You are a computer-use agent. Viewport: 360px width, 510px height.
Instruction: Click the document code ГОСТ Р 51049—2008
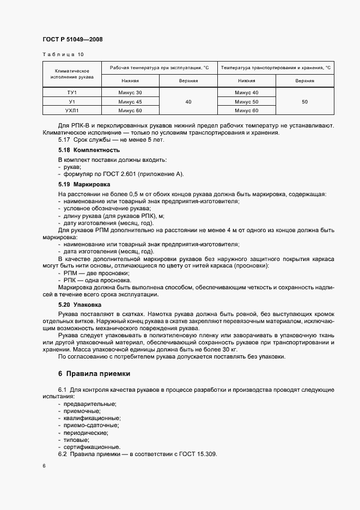click(72, 40)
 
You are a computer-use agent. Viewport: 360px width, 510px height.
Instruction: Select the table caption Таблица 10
click(63, 54)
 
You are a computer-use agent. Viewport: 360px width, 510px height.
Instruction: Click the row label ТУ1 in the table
click(72, 93)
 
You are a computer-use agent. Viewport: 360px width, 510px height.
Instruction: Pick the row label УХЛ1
click(72, 111)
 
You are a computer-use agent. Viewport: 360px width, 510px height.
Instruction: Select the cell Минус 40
click(246, 93)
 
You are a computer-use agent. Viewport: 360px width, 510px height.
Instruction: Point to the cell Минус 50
click(246, 102)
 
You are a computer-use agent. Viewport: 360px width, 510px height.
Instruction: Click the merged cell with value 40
click(188, 102)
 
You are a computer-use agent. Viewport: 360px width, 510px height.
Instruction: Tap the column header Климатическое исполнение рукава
click(72, 74)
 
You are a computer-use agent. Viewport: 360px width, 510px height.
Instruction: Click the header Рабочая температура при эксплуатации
click(159, 68)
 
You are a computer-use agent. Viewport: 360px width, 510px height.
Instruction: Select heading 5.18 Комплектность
click(89, 150)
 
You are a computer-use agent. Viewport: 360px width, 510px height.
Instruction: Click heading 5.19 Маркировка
click(87, 185)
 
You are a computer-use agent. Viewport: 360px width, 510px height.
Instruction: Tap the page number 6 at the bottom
click(44, 466)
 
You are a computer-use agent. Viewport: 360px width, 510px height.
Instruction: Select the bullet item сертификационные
click(90, 447)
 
